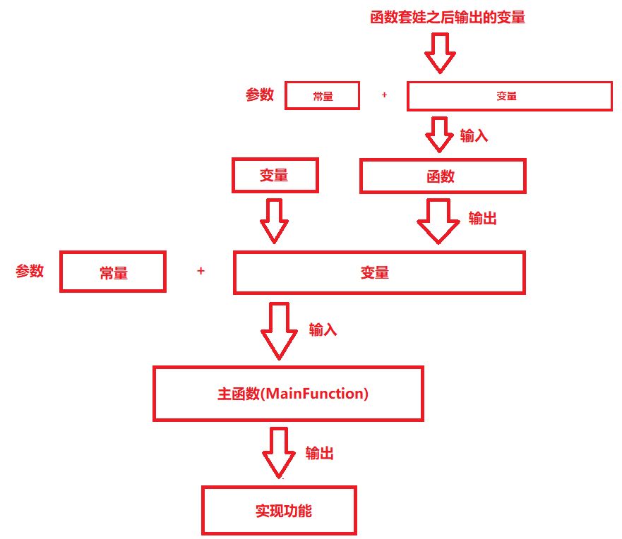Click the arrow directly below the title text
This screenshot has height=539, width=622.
(x=440, y=54)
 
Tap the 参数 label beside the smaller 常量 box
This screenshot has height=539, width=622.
(x=260, y=95)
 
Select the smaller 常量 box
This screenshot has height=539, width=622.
(x=323, y=96)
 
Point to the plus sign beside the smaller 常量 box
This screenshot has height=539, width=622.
(x=384, y=95)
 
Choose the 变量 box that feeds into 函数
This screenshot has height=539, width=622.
(x=509, y=96)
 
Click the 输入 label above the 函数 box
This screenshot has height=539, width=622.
(x=474, y=136)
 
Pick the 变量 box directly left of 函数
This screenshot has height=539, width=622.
(x=275, y=175)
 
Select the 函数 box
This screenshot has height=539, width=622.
(x=443, y=176)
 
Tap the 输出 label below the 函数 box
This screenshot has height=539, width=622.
(x=483, y=219)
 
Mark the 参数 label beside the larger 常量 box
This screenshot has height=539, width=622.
(x=30, y=271)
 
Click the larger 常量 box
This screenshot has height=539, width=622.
(x=113, y=272)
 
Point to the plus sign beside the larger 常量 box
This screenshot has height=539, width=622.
(x=201, y=271)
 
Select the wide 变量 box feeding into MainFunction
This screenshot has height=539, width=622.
(x=379, y=272)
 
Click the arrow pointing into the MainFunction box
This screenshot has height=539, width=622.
(x=278, y=331)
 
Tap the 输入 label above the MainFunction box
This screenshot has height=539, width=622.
(x=323, y=329)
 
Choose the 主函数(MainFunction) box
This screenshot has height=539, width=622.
(x=289, y=394)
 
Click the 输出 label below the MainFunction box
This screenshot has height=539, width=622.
(x=320, y=454)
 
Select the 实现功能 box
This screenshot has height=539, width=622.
(x=280, y=509)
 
